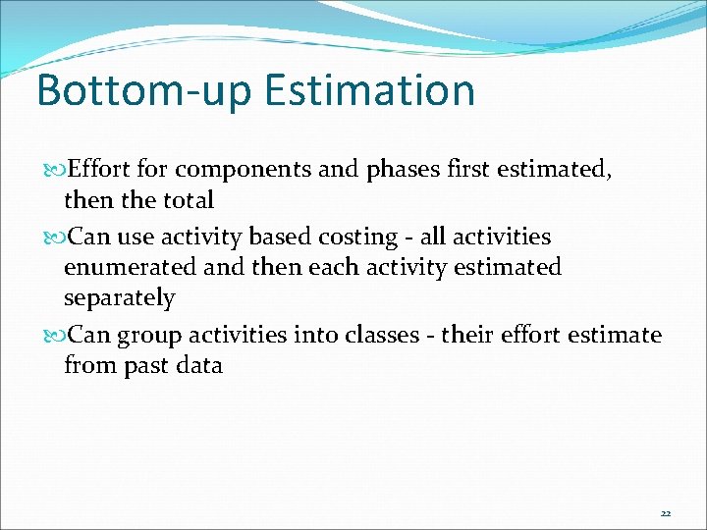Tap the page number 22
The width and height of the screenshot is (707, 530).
(665, 513)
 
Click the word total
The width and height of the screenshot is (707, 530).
(187, 201)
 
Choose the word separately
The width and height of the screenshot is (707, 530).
(119, 298)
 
